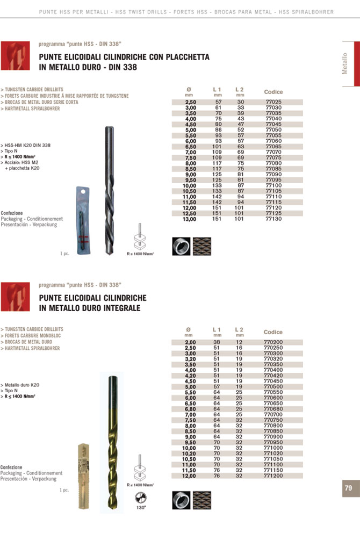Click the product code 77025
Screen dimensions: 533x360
[273, 102]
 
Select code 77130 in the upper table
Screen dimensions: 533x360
[273, 219]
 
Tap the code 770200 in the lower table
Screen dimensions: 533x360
[275, 342]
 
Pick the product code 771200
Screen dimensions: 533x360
[275, 476]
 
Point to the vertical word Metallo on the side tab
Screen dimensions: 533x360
[345, 63]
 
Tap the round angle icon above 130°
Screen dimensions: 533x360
[141, 497]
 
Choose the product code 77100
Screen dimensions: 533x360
[273, 185]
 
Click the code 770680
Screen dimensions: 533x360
[275, 409]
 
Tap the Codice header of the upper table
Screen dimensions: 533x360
[273, 92]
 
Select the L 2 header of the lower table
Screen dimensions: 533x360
[240, 329]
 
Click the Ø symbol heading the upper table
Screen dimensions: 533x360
[189, 89]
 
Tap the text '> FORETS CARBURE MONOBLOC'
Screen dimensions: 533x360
[31, 335]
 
